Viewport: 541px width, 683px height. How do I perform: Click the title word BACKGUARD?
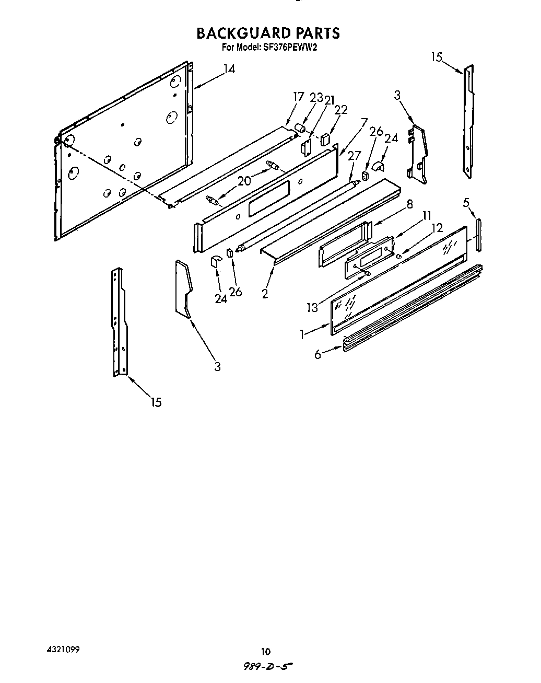coord(243,33)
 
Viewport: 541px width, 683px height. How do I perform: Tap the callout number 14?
coord(229,69)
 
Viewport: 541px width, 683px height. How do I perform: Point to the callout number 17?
coord(298,97)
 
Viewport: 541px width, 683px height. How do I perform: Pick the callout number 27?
coord(354,155)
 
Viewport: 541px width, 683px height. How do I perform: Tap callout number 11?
coord(427,215)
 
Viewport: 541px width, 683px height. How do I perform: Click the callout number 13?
coord(312,307)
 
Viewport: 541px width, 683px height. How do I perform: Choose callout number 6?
coord(317,354)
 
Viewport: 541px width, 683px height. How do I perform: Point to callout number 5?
coord(466,202)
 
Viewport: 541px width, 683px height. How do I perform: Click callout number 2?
coord(265,294)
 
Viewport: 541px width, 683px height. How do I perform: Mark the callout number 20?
coord(244,181)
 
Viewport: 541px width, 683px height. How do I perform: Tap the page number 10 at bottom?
coord(266,651)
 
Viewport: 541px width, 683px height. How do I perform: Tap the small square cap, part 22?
coord(325,139)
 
